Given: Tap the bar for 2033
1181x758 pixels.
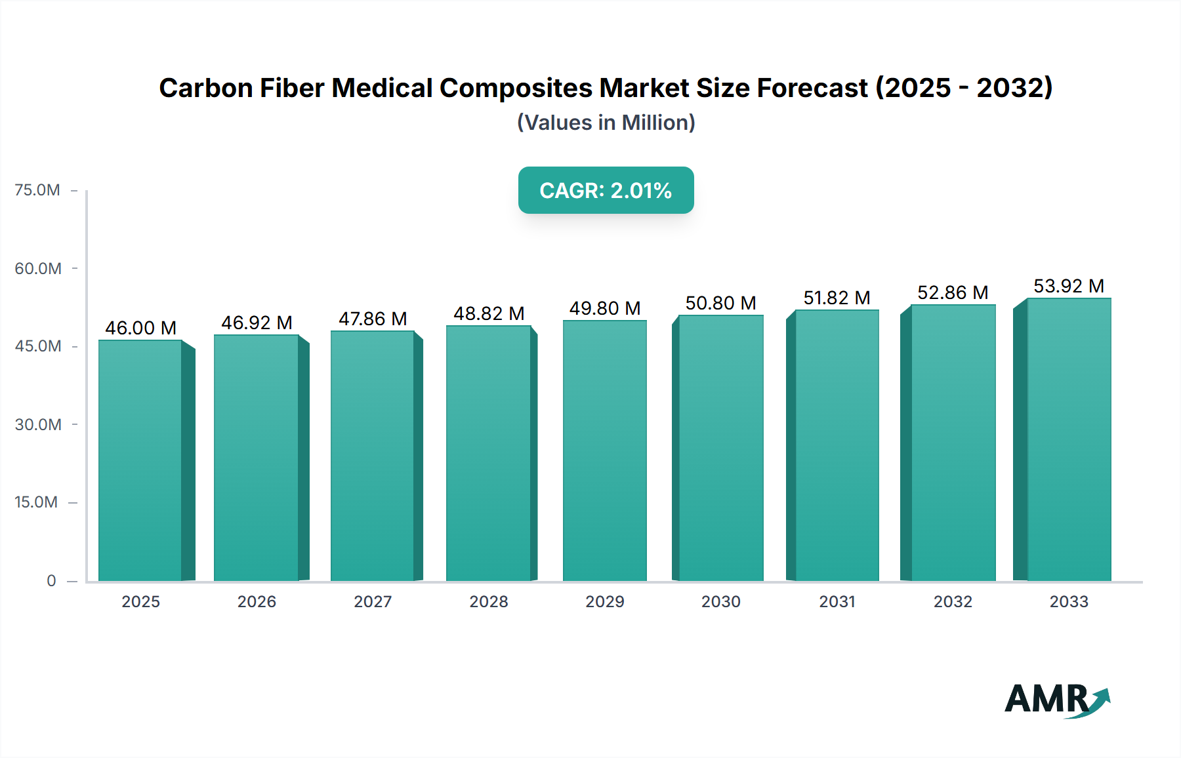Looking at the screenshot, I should (x=1069, y=439).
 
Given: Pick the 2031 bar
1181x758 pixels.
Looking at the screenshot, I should (x=837, y=446).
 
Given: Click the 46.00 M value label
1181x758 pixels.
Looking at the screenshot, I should (x=140, y=328).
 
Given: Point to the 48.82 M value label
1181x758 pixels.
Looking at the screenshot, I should (x=489, y=313).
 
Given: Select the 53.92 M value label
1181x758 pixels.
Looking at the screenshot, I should (x=1069, y=286).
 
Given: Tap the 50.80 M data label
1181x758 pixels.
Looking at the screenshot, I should (x=720, y=303).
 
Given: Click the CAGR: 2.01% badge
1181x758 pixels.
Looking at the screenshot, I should (x=606, y=190).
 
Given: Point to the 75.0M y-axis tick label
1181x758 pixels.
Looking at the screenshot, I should (x=37, y=190).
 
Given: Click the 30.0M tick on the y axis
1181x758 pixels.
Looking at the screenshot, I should (x=38, y=425).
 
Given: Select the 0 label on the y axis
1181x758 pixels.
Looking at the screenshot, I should (x=51, y=581).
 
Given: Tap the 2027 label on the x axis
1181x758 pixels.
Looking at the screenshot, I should (x=373, y=602).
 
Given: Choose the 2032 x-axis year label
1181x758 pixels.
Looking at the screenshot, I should (x=953, y=602).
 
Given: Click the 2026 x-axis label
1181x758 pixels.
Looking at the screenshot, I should (x=257, y=602).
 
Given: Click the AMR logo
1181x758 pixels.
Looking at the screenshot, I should (x=1056, y=699).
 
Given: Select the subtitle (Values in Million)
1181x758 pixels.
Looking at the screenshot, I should (x=606, y=123).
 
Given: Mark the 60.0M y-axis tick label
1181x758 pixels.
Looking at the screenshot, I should (x=38, y=269).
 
